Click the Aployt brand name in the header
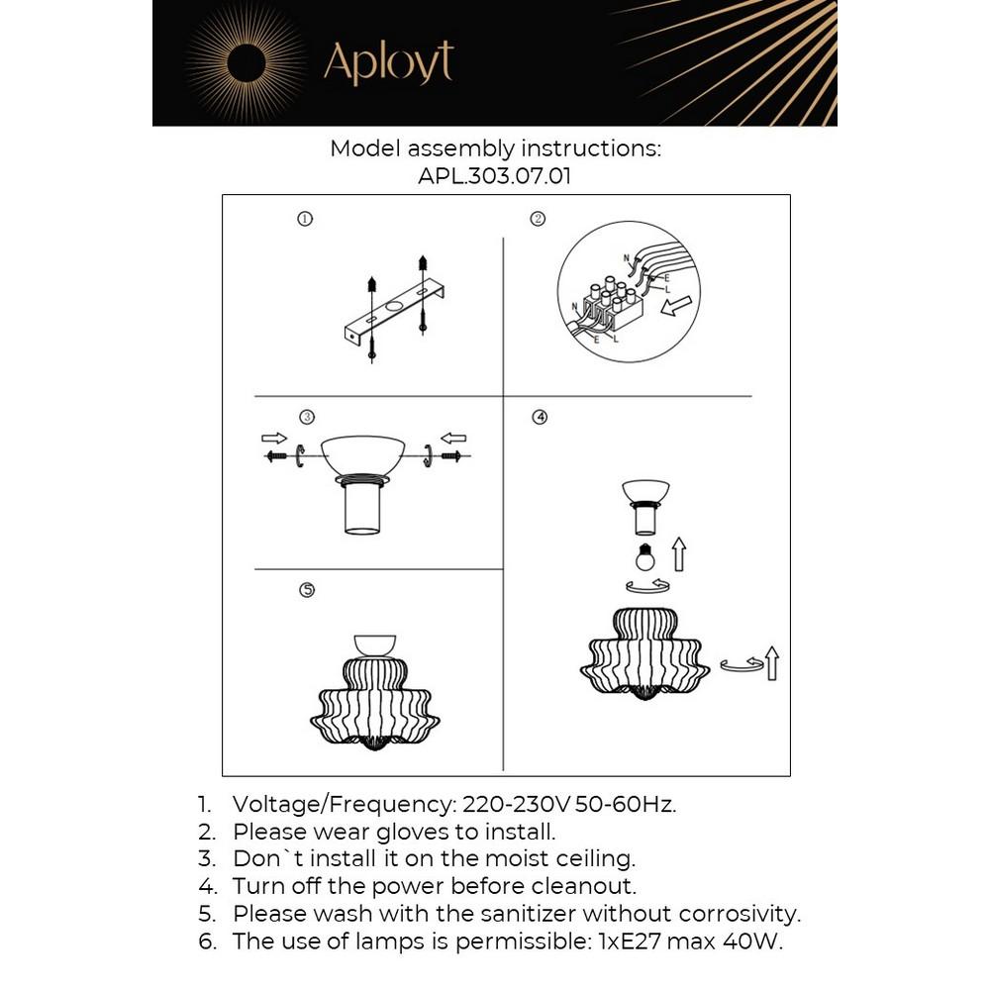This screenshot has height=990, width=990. pos(388,62)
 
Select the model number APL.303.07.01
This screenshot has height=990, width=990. pos(495,176)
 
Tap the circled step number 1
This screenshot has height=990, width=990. pos(305,219)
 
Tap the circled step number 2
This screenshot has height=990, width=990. pos(539,219)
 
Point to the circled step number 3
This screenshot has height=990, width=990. pos(307,417)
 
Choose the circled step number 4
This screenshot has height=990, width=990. pos(540,417)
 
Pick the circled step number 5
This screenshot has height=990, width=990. pos(307,590)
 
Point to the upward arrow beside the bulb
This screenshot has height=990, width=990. pos(678,553)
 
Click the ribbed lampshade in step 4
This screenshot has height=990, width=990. pos(644,654)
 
